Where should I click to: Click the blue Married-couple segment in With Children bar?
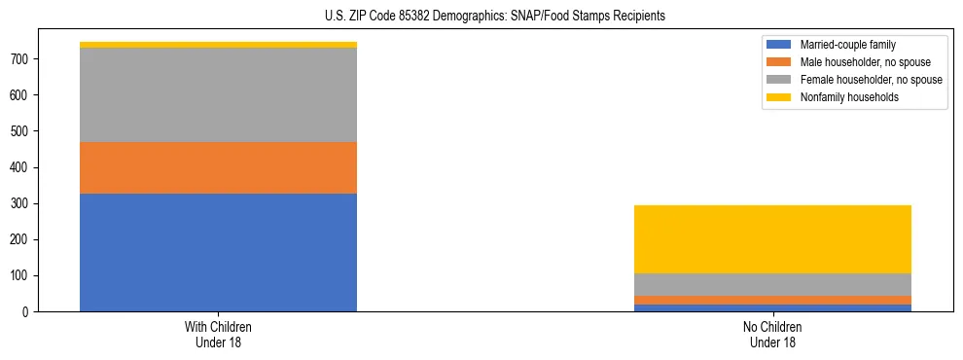tap(218, 252)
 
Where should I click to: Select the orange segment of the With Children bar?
tap(218, 167)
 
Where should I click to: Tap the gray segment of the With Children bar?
tap(218, 94)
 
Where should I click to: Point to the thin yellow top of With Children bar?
tap(218, 45)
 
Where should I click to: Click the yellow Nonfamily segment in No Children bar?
tap(772, 239)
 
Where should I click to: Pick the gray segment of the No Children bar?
tap(772, 284)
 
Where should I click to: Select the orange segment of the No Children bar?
tap(772, 300)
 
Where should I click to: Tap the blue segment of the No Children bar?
tap(772, 307)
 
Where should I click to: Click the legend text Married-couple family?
tap(847, 45)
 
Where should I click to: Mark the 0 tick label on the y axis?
tap(33, 312)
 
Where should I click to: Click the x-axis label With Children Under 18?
tap(218, 334)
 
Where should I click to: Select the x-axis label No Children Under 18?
tap(772, 334)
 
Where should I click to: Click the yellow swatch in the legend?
tap(780, 97)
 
